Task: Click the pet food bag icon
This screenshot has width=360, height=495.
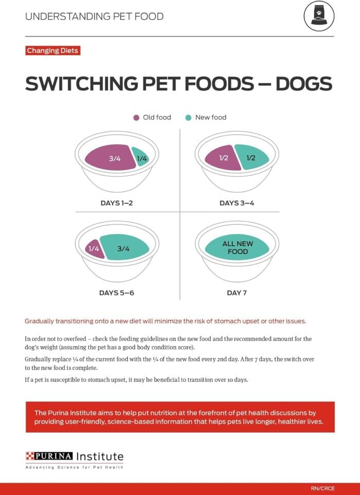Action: coord(319,16)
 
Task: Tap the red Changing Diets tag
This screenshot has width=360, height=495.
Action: coord(52,51)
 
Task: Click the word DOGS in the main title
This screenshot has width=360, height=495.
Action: coord(303,84)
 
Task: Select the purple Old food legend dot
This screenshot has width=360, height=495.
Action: coord(136,117)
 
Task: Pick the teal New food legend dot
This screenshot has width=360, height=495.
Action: coord(188,117)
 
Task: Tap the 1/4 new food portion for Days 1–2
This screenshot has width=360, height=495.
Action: coord(141,158)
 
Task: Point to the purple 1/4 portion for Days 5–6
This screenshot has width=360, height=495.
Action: coord(93,249)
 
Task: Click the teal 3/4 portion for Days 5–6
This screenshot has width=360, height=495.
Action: coord(124,248)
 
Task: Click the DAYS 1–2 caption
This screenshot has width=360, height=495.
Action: coord(116,203)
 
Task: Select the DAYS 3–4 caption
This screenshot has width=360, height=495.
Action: coord(237,203)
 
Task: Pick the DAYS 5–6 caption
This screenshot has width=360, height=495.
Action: coord(116,293)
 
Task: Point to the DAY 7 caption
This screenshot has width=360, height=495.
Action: coord(237,293)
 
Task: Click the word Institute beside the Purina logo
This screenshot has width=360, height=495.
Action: coord(99,456)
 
